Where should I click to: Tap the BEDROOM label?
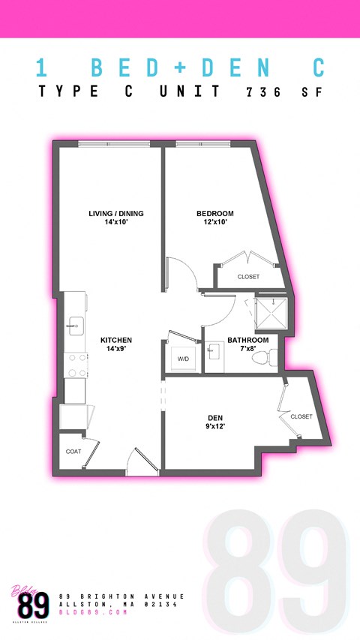(x=214, y=214)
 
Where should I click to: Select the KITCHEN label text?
(x=116, y=340)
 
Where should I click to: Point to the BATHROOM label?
(x=247, y=340)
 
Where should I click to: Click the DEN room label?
(x=216, y=418)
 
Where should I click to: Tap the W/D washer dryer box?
(x=183, y=359)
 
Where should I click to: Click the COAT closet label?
(x=73, y=452)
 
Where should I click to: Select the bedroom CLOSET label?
(x=248, y=277)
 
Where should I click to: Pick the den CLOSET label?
(x=301, y=416)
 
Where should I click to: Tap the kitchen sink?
(x=76, y=324)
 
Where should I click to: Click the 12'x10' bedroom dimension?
(x=214, y=222)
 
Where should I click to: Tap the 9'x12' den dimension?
(x=216, y=427)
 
